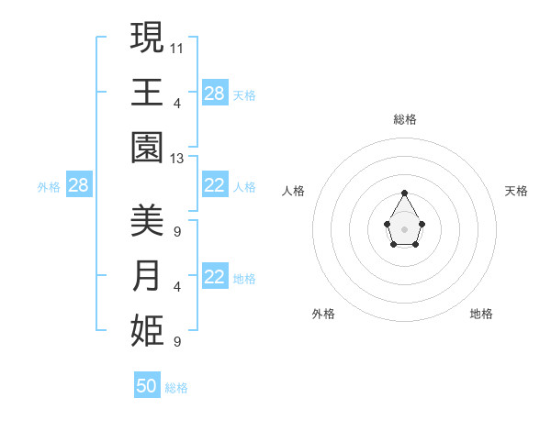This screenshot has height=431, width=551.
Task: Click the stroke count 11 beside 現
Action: click(177, 47)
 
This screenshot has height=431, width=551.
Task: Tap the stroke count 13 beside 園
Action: click(177, 159)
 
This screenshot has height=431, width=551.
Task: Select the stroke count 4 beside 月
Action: click(176, 287)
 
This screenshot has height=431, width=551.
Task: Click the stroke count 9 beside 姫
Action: click(176, 342)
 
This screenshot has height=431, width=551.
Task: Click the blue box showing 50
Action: click(147, 386)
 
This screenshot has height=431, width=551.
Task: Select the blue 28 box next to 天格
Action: click(215, 94)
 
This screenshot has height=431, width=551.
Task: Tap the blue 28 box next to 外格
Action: click(79, 186)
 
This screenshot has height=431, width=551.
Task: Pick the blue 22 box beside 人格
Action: click(215, 186)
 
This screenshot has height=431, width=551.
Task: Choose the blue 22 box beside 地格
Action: click(215, 278)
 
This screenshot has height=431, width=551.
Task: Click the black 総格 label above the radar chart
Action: click(405, 119)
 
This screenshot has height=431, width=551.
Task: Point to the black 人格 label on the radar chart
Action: click(294, 191)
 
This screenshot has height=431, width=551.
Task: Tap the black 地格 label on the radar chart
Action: click(481, 314)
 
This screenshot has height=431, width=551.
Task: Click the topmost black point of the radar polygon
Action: click(405, 193)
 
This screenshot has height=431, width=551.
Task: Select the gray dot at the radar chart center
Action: click(405, 228)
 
